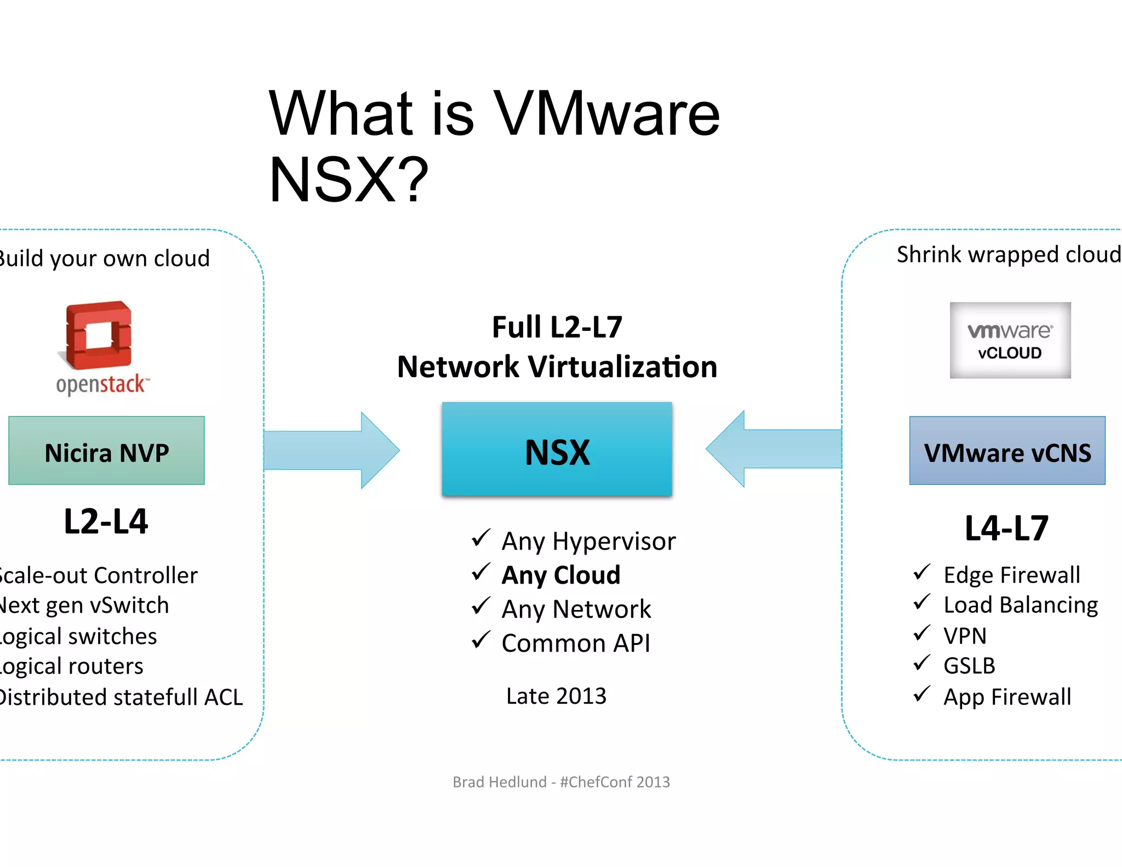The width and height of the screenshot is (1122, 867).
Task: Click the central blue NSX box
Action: point(557,449)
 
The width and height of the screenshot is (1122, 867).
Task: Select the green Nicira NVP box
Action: point(106,450)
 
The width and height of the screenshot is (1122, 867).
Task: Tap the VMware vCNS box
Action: point(1007,450)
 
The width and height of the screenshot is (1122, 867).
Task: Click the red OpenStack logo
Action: point(99,335)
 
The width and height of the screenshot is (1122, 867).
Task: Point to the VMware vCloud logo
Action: point(1010,340)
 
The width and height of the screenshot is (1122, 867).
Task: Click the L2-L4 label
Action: point(106,521)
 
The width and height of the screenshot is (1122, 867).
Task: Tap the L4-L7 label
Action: point(1006,528)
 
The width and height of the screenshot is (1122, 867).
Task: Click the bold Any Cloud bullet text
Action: point(561,575)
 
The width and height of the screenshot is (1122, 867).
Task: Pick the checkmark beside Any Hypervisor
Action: point(480,538)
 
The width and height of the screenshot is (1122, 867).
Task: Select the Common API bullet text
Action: point(576,643)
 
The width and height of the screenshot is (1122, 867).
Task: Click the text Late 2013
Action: point(556,696)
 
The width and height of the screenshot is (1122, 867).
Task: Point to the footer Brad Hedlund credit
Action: point(561,782)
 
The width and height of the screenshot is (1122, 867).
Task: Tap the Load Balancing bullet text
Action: point(1021,605)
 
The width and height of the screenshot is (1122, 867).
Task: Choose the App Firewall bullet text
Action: point(1007,697)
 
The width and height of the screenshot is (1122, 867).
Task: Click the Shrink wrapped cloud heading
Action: point(1008,255)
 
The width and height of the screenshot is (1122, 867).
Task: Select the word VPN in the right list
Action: point(965,636)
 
